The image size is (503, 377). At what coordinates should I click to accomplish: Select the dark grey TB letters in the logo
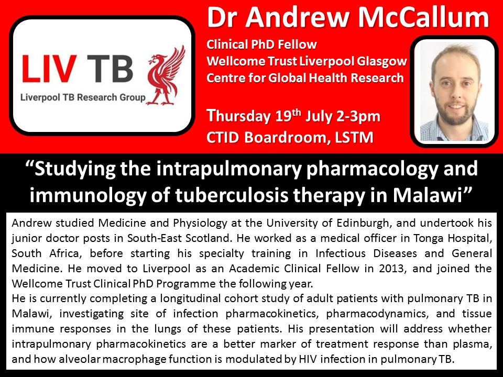[x=110, y=68]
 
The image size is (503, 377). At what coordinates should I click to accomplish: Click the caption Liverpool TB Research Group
[x=83, y=97]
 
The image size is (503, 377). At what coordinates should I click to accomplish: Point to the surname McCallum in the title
[x=423, y=18]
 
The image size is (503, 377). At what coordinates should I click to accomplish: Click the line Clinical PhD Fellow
[x=261, y=44]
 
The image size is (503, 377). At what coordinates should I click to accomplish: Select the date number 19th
[x=288, y=116]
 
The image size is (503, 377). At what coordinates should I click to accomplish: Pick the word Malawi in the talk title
[x=428, y=195]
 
